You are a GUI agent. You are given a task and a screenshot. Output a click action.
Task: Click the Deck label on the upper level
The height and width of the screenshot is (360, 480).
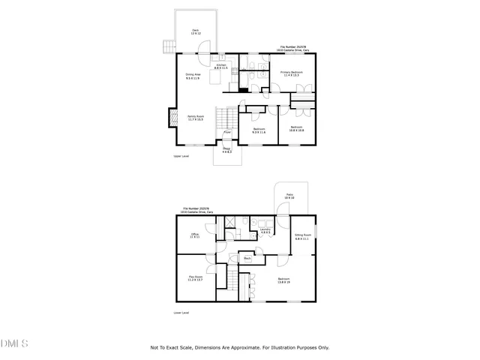tap(195, 32)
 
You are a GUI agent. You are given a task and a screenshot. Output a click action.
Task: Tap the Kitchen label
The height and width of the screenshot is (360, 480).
tap(221, 67)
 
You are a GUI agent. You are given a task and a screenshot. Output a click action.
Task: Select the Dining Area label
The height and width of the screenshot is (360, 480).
tap(193, 76)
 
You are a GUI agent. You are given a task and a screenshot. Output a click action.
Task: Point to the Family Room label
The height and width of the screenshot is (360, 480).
tap(196, 118)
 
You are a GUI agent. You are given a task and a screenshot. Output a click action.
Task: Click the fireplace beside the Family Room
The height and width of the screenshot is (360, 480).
tap(172, 118)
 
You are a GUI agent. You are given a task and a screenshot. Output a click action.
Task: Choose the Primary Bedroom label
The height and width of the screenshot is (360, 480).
tap(290, 73)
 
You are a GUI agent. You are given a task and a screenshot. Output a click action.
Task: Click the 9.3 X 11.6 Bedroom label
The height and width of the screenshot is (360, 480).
tap(259, 130)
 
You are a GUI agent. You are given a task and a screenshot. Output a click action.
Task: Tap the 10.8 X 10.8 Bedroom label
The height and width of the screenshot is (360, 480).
tap(297, 128)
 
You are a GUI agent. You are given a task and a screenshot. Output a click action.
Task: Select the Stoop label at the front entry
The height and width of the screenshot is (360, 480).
tap(226, 151)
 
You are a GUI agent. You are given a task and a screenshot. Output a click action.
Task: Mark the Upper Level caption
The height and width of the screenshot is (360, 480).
tap(181, 157)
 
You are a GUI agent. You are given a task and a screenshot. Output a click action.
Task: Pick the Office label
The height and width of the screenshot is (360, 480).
tap(194, 236)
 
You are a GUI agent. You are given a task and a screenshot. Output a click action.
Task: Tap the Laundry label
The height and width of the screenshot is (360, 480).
tap(265, 232)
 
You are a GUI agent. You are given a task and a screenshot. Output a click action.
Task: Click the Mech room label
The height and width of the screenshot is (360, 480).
tap(247, 259)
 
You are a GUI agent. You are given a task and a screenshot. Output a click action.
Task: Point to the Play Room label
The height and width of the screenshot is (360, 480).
tap(194, 278)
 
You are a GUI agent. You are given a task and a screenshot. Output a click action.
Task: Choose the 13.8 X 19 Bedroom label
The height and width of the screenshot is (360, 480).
tap(284, 282)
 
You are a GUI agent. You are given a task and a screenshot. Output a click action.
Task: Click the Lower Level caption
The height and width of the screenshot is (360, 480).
tap(181, 313)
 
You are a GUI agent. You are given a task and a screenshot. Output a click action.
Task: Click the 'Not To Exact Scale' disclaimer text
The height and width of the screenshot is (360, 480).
tap(240, 347)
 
